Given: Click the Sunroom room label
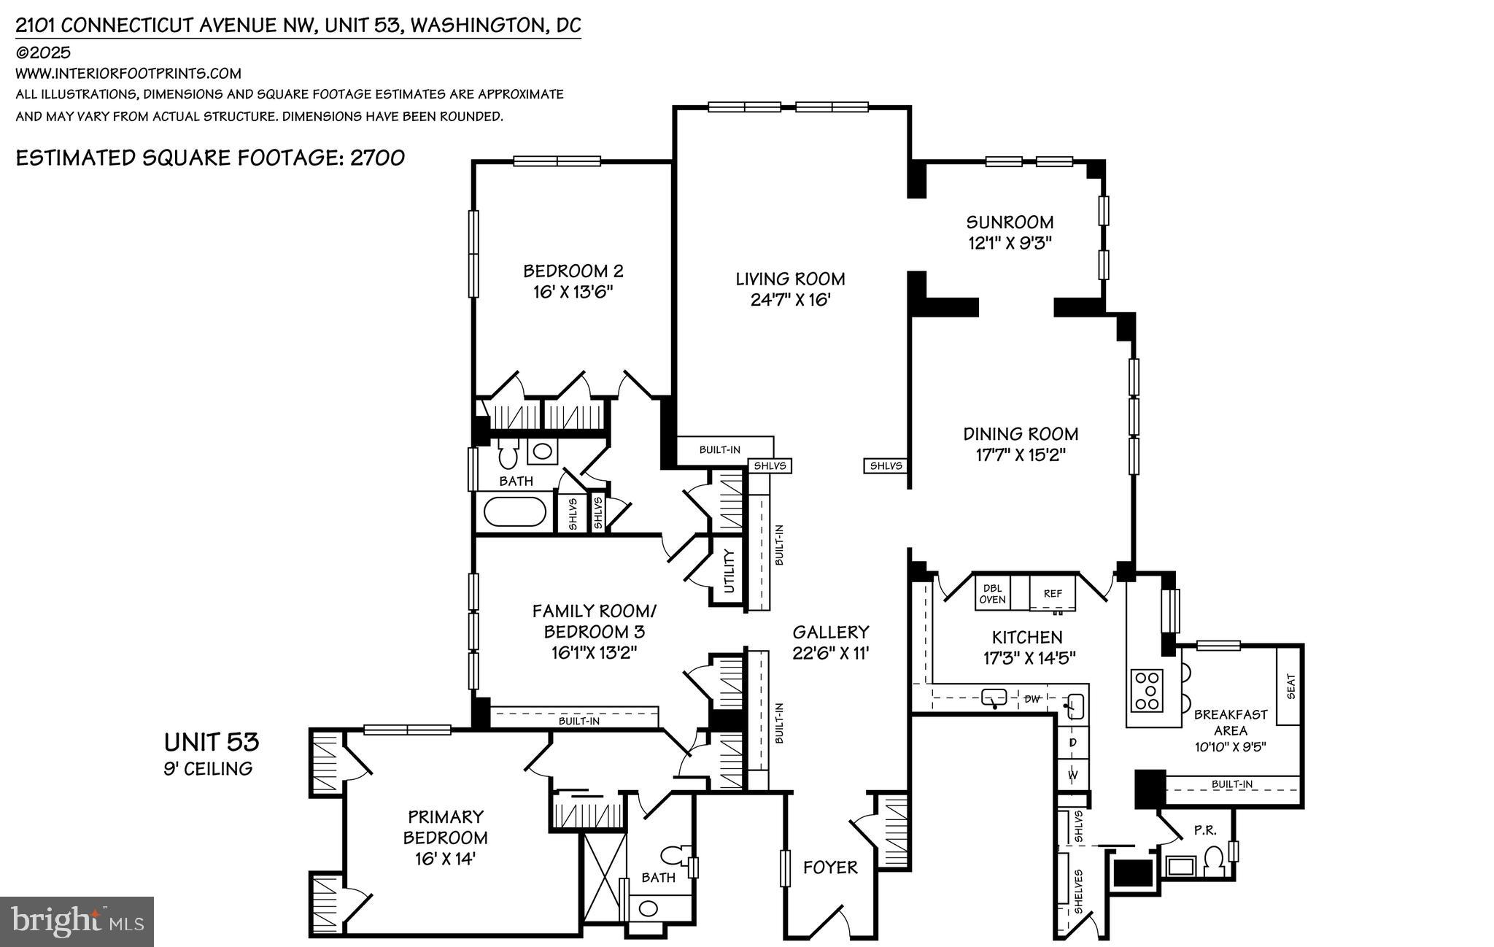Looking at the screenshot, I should [1010, 222].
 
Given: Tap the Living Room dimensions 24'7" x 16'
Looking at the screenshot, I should [791, 300].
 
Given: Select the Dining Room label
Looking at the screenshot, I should [1021, 434].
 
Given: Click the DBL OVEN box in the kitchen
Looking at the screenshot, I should [992, 594].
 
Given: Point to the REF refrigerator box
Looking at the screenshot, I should [1053, 594].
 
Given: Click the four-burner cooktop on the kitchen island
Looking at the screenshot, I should [1146, 689].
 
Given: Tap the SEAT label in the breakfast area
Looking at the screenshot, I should [1290, 686].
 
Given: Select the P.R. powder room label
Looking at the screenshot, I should [1204, 830].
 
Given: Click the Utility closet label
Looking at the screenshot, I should [729, 571].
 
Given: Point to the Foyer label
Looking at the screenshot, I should [830, 867].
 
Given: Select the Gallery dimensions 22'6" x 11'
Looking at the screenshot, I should [831, 653].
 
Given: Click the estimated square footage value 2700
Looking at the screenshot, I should [377, 158].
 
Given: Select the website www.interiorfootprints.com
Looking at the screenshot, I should [128, 74].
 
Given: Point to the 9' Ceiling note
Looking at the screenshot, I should [208, 768].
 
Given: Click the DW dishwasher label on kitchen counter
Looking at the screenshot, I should [1032, 699].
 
